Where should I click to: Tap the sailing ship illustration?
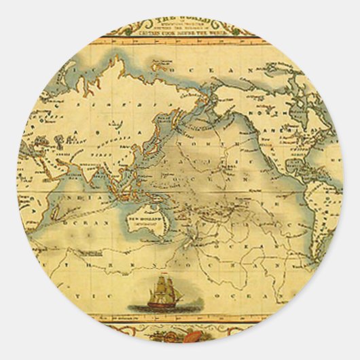[163, 293]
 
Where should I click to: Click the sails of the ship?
[163, 288]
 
